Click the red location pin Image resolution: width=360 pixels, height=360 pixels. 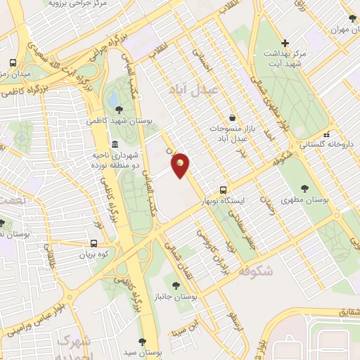(181, 165)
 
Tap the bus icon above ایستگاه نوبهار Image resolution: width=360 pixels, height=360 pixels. (224, 190)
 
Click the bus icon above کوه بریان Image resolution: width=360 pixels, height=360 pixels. (84, 245)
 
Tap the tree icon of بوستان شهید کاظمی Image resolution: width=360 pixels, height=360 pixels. (119, 109)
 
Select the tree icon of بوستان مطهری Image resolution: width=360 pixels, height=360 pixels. (304, 188)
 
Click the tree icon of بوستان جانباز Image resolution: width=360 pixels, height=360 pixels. (175, 285)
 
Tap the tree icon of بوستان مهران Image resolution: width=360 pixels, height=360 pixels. (352, 18)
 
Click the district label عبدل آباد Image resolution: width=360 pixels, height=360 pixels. (194, 89)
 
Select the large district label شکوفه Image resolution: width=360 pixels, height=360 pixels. (255, 270)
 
